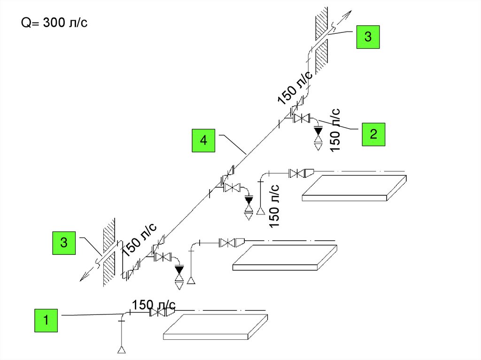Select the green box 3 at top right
[x=368, y=37]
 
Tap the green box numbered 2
[x=373, y=135]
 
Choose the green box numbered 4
[x=203, y=140]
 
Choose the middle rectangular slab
[x=285, y=257]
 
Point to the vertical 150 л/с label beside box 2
[x=335, y=130]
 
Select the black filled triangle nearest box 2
[x=318, y=130]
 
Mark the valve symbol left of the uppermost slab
[x=295, y=174]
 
